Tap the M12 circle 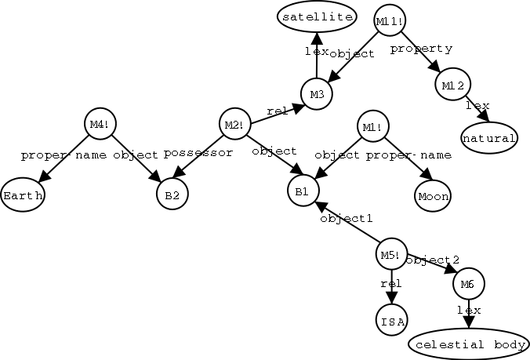pos(453,85)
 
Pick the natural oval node pos(489,139)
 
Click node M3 pos(317,94)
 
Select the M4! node pos(99,125)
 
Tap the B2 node pos(172,195)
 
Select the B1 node pos(303,191)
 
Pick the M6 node pos(468,283)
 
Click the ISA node pos(390,321)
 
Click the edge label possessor pos(198,153)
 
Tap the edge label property pos(421,49)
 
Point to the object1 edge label pos(346,218)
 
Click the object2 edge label pos(433,260)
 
